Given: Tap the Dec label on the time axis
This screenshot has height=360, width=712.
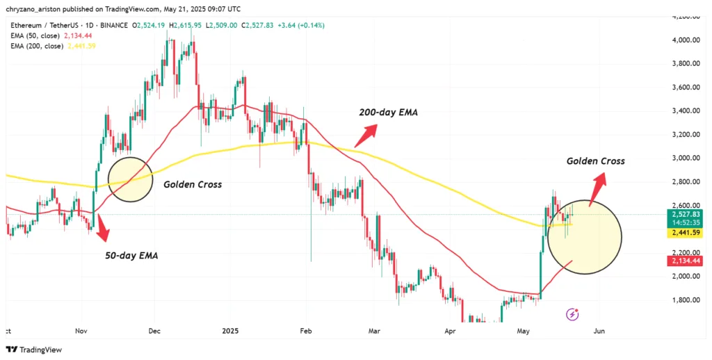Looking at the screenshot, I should pos(154,332).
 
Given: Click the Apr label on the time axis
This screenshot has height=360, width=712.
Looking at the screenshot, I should pos(449,332).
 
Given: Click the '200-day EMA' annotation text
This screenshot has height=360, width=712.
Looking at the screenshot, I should pos(388,112).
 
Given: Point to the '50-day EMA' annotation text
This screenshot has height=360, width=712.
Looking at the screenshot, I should pos(131,255).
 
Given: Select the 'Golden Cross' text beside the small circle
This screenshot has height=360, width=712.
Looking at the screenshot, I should pos(193,185).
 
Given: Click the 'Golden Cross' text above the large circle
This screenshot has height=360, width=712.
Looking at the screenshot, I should pos(595,161).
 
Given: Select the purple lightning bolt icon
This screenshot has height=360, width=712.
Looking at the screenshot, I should pos(573,314).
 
